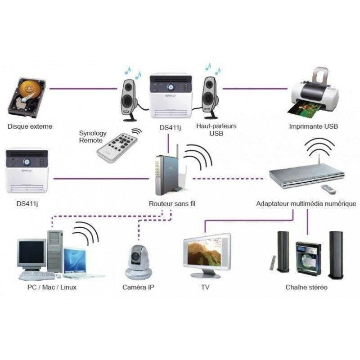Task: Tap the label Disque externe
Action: (30, 126)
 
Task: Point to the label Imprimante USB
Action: (313, 126)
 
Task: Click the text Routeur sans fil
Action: (172, 204)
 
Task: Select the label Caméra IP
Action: (139, 287)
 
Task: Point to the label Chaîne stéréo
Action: (306, 287)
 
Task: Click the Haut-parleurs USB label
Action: (210, 130)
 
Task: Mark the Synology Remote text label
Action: (93, 136)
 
